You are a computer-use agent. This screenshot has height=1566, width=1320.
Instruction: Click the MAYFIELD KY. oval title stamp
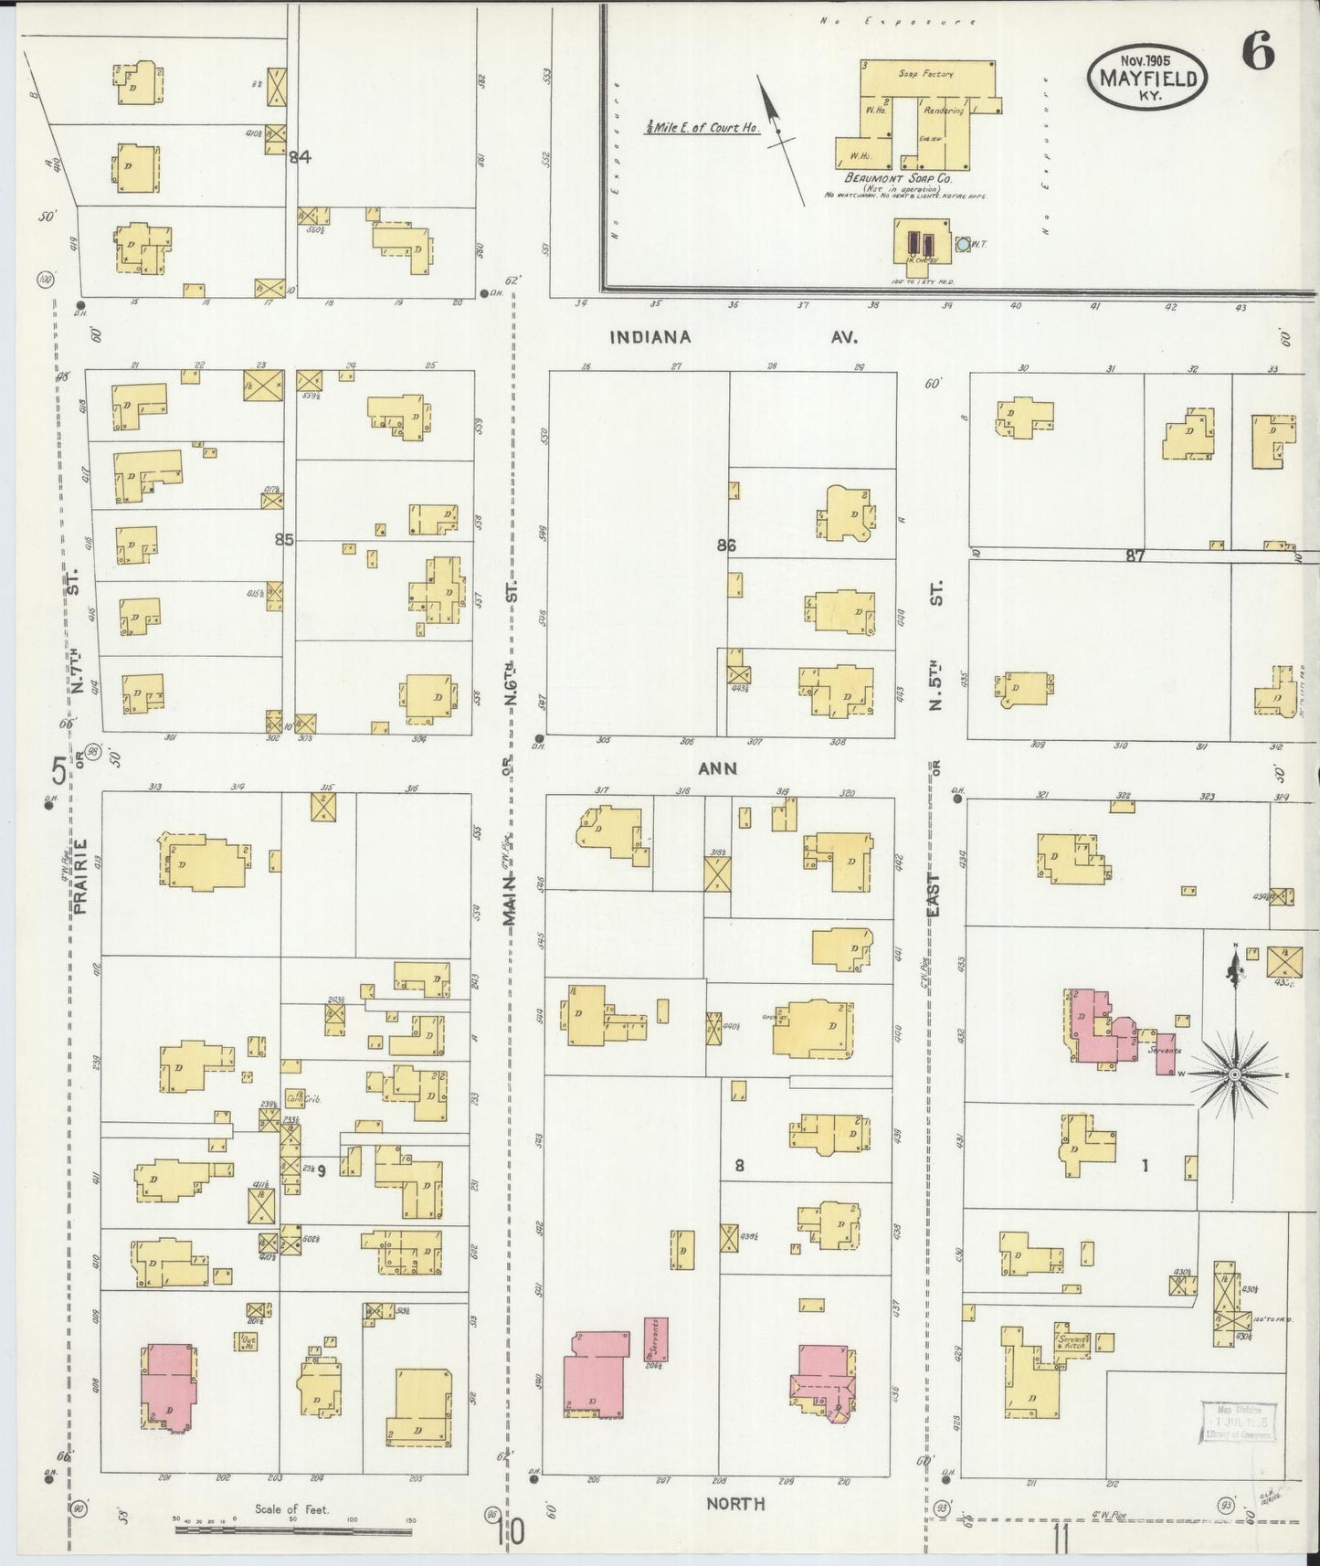pos(1147,78)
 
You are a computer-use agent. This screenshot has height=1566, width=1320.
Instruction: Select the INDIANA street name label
pos(650,337)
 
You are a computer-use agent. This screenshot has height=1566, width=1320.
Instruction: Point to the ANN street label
pos(717,768)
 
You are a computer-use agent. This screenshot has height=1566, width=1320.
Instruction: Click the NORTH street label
pos(734,1504)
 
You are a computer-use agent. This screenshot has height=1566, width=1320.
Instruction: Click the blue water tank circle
pos(963,245)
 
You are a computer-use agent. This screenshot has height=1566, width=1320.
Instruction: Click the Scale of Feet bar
pos(292,1529)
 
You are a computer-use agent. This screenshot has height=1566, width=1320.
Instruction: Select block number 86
pos(726,545)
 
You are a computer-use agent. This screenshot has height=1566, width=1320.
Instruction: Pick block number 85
pos(284,540)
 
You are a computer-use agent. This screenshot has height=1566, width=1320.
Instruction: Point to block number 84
pos(300,157)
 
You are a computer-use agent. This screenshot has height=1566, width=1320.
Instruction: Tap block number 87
pos(1135,555)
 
